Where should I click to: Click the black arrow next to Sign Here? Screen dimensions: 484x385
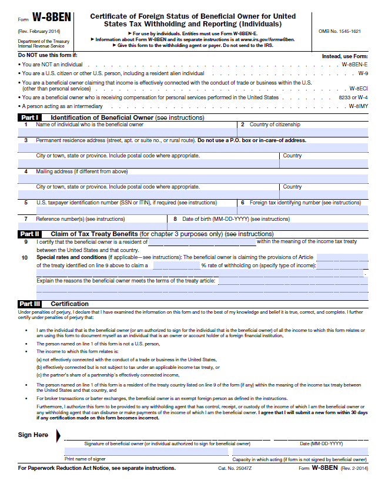pos(58,435)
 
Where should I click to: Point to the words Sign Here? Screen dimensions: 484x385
pos(34,435)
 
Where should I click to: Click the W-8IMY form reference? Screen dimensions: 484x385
pos(357,106)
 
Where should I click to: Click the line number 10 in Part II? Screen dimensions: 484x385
pos(25,257)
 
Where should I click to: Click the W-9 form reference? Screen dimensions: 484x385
pos(363,73)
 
